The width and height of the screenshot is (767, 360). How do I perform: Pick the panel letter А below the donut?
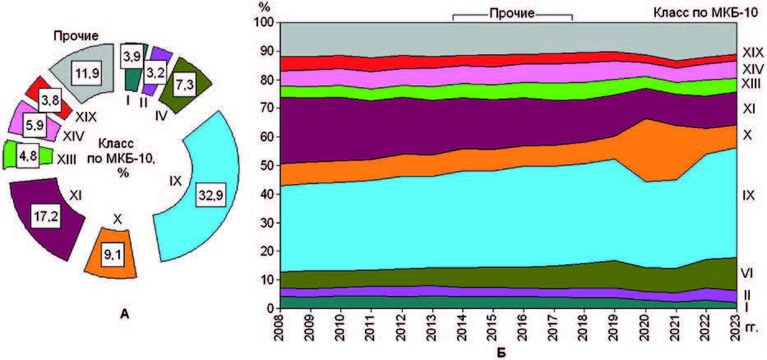[122, 312]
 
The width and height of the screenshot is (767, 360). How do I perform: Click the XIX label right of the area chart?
[751, 53]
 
